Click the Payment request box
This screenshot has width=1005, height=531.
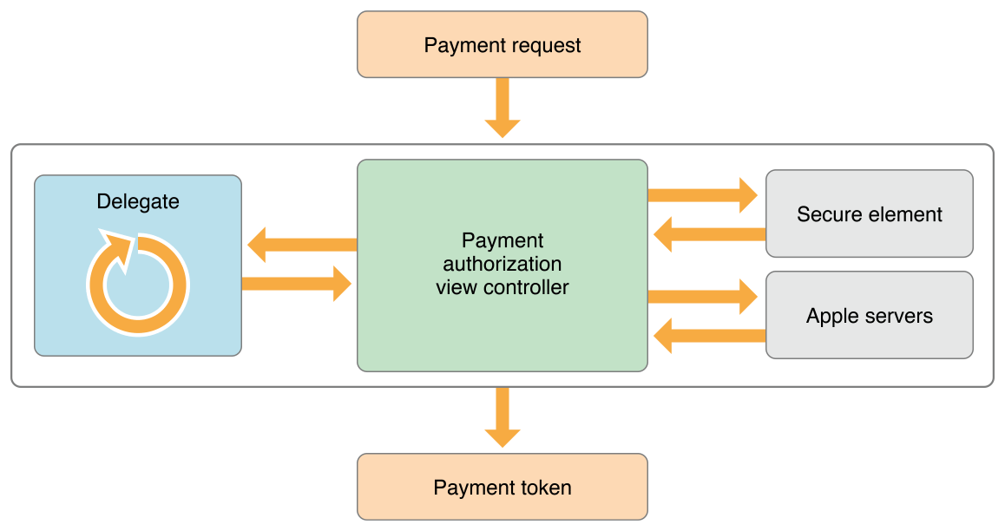tap(502, 44)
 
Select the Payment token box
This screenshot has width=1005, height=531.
tap(502, 487)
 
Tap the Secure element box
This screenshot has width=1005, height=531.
tap(869, 213)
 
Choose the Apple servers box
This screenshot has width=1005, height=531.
tap(869, 315)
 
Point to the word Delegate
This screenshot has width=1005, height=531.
tap(138, 202)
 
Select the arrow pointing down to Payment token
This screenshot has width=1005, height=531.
tap(502, 417)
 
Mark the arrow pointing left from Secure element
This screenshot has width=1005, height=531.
tap(708, 233)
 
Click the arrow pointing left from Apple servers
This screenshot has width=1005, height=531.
tap(708, 335)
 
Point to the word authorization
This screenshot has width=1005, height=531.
tap(502, 264)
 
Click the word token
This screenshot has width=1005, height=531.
tap(546, 488)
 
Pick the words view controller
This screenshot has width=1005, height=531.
tap(502, 287)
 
